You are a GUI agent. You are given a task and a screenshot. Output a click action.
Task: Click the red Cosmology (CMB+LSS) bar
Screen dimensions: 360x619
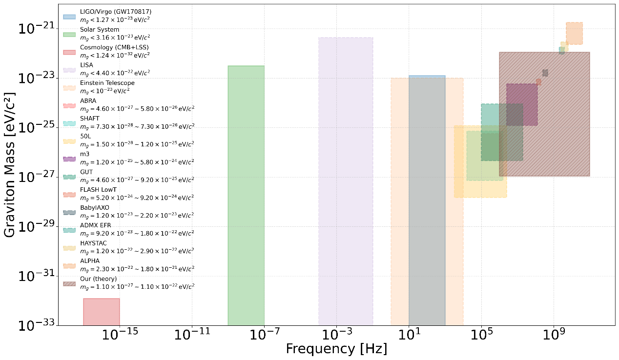(x=102, y=312)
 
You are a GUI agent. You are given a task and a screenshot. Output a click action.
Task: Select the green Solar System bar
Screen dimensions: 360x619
(x=246, y=195)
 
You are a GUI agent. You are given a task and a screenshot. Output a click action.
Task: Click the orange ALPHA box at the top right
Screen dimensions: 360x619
(x=574, y=33)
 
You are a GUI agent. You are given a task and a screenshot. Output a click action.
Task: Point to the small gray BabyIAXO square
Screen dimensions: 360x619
(x=545, y=73)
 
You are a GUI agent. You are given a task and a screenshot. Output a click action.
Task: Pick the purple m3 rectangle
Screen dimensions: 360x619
(x=522, y=104)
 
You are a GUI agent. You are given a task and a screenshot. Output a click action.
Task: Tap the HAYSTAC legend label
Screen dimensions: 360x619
(x=93, y=243)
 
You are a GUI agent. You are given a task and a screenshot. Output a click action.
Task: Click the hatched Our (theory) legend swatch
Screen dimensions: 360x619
(x=69, y=283)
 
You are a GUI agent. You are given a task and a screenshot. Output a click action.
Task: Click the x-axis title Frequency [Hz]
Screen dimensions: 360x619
(x=336, y=349)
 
